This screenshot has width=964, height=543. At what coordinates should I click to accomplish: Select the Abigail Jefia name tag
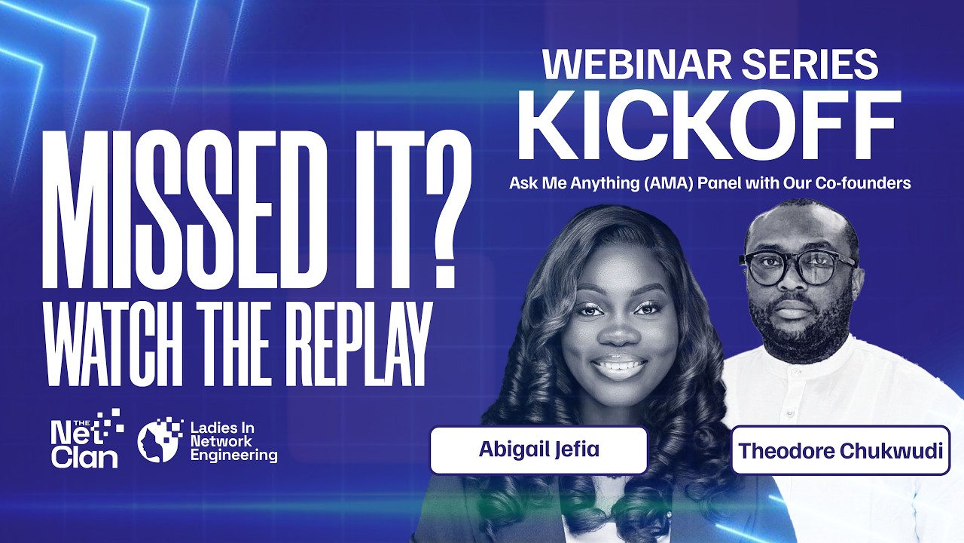(538, 450)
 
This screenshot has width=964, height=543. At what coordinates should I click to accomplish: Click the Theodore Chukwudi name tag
(840, 451)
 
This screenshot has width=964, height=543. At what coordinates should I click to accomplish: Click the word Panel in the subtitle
(712, 183)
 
